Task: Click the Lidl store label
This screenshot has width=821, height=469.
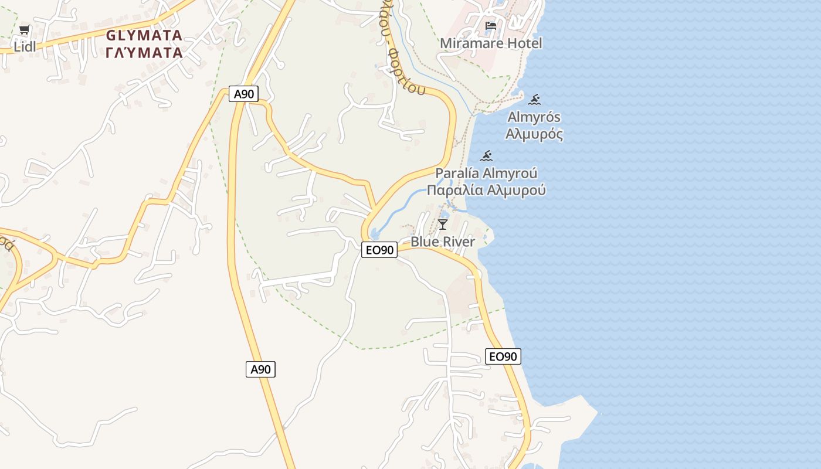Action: click(x=25, y=47)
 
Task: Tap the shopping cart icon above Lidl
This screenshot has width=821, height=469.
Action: click(x=24, y=30)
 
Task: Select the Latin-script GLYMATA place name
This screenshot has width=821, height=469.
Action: click(x=144, y=35)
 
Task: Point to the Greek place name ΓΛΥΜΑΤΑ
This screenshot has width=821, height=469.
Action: click(x=144, y=53)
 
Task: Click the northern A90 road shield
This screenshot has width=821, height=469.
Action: click(x=243, y=94)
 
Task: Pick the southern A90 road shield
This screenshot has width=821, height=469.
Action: click(x=260, y=369)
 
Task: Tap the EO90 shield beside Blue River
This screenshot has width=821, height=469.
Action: click(x=379, y=250)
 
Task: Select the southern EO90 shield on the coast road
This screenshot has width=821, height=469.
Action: click(x=503, y=356)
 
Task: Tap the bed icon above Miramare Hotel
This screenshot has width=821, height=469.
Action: click(x=491, y=26)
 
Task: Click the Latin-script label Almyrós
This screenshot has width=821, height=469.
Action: click(x=534, y=117)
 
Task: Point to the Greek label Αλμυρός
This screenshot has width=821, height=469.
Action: click(x=534, y=134)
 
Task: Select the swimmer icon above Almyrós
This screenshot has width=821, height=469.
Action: click(x=534, y=100)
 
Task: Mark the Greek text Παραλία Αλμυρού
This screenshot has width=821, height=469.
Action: click(x=486, y=191)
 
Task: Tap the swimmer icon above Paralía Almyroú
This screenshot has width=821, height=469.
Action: click(x=486, y=156)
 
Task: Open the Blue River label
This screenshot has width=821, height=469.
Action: click(x=443, y=242)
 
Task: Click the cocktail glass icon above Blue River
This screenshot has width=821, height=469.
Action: click(x=443, y=225)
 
